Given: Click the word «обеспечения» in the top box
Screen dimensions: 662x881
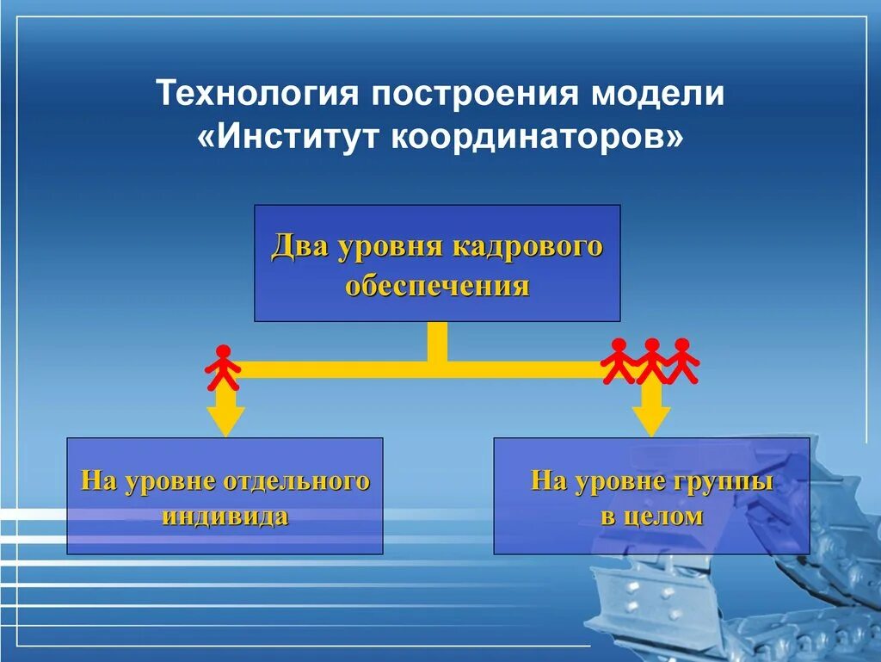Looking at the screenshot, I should pos(437,285).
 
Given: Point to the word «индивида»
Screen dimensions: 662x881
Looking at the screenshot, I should pos(225,517).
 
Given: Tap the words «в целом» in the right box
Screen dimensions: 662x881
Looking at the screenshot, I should pos(651,517).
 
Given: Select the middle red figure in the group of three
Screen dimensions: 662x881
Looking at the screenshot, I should pos(651,361).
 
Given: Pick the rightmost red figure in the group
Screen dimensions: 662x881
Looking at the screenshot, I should pos(682,361).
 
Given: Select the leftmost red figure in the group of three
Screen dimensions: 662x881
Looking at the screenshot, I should pos(619,361).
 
